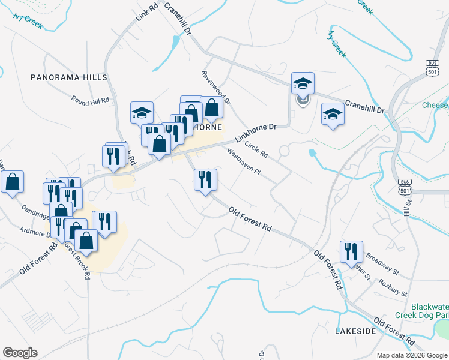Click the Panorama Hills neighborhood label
coord(70,77)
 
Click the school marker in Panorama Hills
coord(142,112)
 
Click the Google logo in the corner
coord(20,353)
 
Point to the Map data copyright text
coord(412,355)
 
